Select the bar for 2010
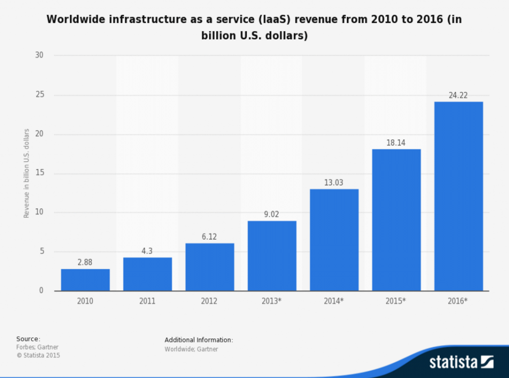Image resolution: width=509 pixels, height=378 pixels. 85,280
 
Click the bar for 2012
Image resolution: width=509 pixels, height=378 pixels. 210,267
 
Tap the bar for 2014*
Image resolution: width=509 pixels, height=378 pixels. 334,240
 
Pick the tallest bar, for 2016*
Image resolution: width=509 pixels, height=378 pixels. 458,196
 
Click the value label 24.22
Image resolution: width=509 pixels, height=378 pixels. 458,95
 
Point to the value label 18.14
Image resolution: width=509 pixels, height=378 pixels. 396,143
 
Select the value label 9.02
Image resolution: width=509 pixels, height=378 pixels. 272,214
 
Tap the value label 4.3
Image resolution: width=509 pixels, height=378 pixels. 148,252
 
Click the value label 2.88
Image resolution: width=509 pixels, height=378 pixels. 85,263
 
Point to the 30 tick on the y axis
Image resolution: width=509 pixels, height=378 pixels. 40,55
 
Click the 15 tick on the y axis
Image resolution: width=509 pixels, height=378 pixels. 40,173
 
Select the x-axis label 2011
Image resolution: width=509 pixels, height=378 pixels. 148,301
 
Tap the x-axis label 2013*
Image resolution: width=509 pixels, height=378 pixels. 272,301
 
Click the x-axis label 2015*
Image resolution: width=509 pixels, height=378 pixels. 396,301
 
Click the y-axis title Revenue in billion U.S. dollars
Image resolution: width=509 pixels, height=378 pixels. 27,173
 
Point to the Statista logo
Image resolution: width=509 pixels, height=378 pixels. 460,362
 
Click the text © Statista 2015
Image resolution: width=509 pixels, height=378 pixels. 38,355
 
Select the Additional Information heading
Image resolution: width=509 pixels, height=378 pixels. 198,340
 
